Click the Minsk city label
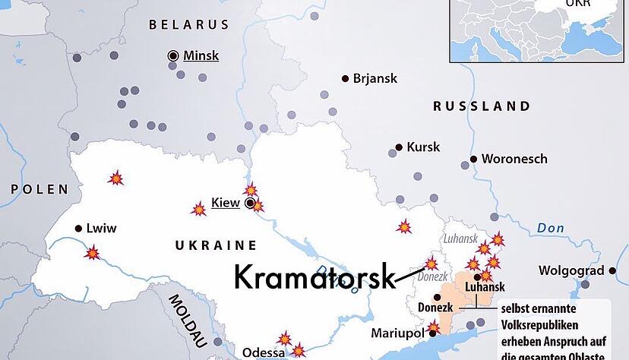pos(201,55)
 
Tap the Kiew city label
pos(225,202)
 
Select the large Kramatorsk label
pos(314,276)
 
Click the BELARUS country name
pos(188,24)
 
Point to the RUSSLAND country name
pos(482,106)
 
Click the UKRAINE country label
pos(216,245)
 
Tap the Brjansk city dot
pos(346,78)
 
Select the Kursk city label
pos(423,147)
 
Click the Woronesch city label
pos(514,159)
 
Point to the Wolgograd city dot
pos(612,270)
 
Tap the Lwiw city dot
pos(78,228)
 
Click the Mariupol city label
pos(397,333)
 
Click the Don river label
pos(550,228)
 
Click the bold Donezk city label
pos(435,308)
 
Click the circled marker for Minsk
pos(173,55)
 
